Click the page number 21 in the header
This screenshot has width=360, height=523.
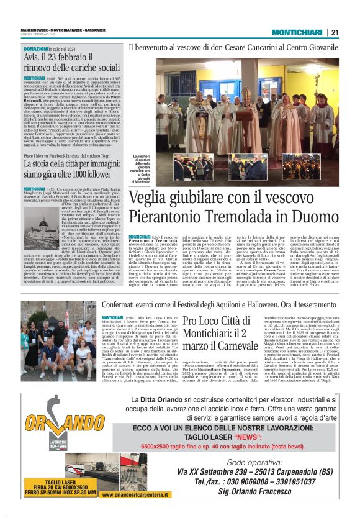335,32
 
